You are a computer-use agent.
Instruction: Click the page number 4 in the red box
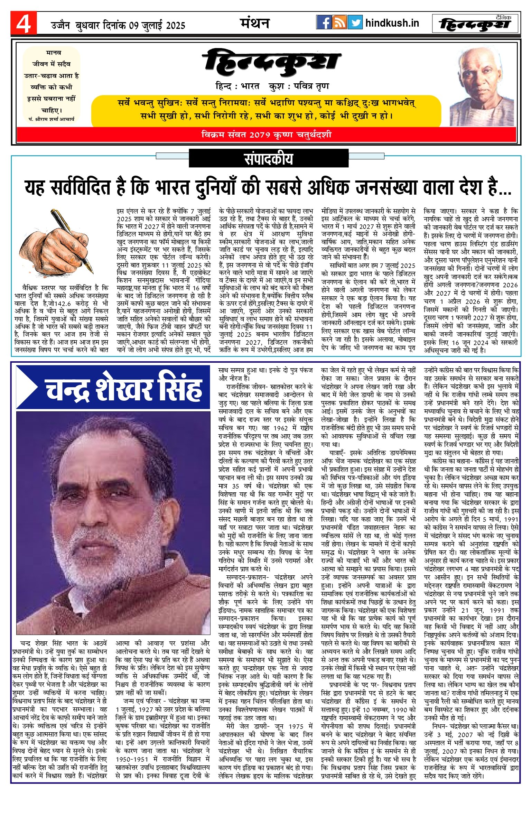[23, 24]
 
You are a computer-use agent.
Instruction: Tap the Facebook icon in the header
[324, 22]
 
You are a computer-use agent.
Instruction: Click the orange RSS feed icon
[339, 22]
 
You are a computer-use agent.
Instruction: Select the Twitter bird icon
[355, 22]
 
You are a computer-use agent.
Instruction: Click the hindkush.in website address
[392, 23]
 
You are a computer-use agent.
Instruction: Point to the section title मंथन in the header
[255, 23]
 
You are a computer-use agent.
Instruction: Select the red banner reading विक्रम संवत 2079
[266, 134]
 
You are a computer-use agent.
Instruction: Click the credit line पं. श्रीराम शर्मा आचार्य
[52, 119]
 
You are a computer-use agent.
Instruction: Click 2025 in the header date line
[175, 25]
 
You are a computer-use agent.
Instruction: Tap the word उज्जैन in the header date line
[60, 25]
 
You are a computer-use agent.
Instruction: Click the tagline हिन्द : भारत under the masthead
[237, 86]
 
